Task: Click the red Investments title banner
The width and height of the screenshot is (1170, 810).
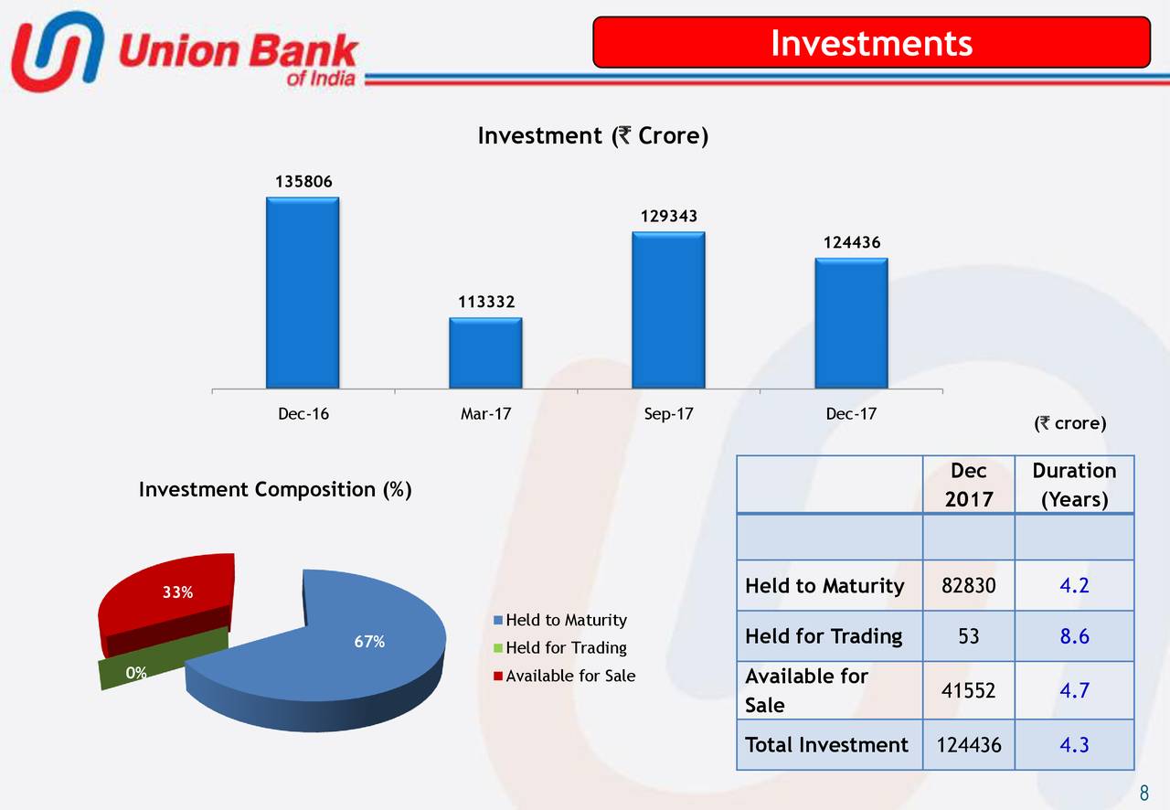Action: [x=871, y=42]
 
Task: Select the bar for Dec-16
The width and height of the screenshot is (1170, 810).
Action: [x=303, y=293]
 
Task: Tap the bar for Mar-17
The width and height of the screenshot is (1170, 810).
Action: [x=485, y=352]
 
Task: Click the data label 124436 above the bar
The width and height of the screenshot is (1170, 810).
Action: [x=851, y=243]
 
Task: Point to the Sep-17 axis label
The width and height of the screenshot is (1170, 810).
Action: [x=668, y=414]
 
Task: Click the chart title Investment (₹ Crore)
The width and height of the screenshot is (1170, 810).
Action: [x=592, y=137]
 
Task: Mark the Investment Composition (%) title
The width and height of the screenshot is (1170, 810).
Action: [x=274, y=490]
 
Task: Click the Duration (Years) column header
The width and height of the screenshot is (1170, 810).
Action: [x=1074, y=485]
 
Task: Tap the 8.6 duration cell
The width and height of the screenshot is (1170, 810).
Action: [x=1074, y=636]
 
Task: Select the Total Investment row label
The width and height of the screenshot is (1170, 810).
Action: [x=826, y=745]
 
